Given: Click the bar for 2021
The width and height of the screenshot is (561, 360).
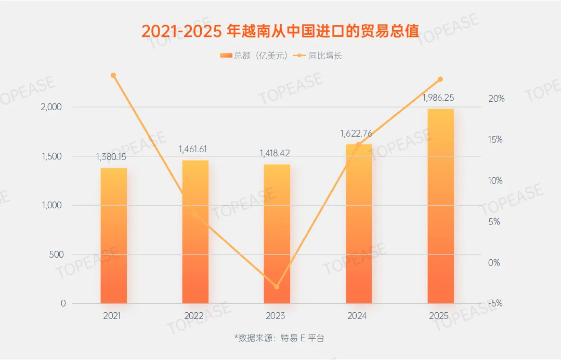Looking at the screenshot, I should point(113,236).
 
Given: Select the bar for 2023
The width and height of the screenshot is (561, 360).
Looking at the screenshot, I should point(277,234).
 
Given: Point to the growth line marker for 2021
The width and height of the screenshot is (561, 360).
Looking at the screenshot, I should point(113,75).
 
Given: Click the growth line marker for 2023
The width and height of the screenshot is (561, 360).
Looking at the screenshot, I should point(277,287).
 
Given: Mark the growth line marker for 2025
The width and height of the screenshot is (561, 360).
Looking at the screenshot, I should point(440,79).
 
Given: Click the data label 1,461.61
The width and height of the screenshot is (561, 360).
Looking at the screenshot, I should point(195,149).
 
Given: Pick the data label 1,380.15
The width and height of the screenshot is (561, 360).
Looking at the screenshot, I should point(113,157).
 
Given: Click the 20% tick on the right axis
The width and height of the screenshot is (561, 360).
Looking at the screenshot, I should point(495,99).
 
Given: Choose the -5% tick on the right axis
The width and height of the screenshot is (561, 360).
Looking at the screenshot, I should point(495,304).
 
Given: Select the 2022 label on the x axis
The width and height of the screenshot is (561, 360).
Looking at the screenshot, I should point(194,316).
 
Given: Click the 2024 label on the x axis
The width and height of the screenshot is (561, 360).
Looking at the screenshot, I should point(358,316).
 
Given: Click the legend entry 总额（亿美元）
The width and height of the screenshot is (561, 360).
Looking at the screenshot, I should point(253,56).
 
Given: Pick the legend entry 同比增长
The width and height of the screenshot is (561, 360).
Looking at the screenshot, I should point(318,56).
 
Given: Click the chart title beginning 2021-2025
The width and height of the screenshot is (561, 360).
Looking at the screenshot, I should point(280,31).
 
